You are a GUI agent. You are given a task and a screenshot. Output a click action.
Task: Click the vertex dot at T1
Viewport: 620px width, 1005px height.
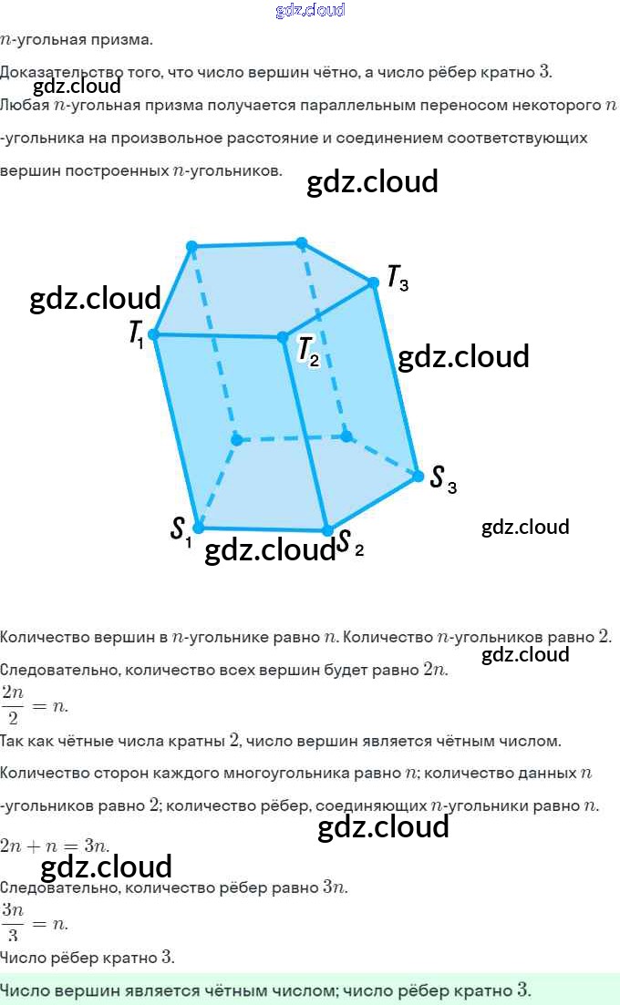click(x=153, y=334)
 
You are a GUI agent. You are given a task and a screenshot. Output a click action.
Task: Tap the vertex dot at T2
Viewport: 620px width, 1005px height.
click(x=283, y=337)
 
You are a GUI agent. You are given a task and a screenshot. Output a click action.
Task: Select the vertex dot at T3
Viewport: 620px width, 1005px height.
click(x=373, y=283)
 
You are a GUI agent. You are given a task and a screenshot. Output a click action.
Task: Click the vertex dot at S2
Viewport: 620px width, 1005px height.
click(x=326, y=529)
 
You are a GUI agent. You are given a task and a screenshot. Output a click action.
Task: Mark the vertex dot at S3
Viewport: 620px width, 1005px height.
click(x=418, y=476)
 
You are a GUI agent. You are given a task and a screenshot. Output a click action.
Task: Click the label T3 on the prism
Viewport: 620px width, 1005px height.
click(x=398, y=278)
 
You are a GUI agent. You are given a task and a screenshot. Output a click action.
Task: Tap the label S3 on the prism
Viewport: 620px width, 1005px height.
click(x=442, y=478)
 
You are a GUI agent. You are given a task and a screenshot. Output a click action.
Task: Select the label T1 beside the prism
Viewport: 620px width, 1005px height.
click(x=136, y=333)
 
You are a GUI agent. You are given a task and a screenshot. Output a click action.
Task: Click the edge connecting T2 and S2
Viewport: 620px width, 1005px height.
click(x=305, y=434)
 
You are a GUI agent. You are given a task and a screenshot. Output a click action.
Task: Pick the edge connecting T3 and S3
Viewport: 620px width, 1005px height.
click(x=396, y=379)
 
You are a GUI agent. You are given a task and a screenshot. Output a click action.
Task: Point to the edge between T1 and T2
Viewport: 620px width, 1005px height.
click(x=218, y=336)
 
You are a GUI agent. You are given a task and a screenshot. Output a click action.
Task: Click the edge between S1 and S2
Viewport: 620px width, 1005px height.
click(x=263, y=528)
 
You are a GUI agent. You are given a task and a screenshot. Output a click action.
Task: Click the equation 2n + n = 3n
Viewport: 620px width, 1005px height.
click(x=55, y=846)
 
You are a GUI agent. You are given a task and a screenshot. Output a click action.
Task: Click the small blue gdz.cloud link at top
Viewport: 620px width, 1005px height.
click(x=310, y=11)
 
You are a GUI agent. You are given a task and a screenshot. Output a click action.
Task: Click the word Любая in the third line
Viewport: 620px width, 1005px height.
click(x=25, y=106)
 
